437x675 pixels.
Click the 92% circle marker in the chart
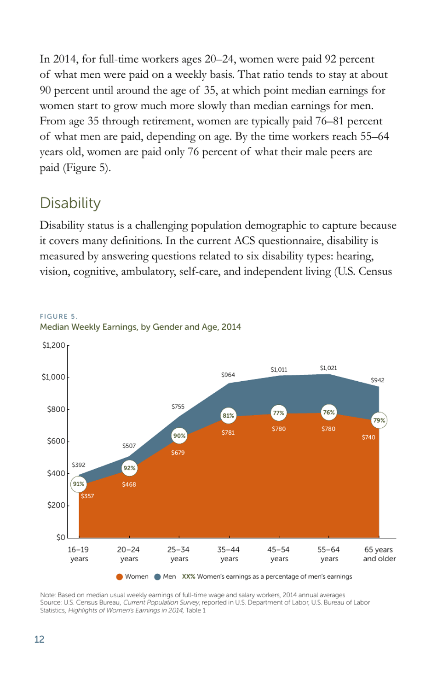coord(129,468)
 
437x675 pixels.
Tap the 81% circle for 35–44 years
coord(228,415)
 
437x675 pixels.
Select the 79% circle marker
coord(379,420)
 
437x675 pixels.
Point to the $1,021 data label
coord(328,368)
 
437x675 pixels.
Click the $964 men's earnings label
coord(228,375)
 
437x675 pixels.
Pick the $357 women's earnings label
coord(87,496)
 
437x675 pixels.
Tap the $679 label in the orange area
coord(178,453)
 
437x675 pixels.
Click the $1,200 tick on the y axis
coord(53,345)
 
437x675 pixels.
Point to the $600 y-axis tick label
coord(56,441)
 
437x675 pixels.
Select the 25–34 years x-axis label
coord(178,554)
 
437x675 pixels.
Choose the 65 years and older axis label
coord(379,554)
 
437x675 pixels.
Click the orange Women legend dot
coord(120,577)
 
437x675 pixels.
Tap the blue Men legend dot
coord(157,577)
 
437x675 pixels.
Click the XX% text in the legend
coord(188,576)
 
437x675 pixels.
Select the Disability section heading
coord(70,203)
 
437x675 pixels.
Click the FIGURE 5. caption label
coord(58,316)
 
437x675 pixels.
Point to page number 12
coord(39,639)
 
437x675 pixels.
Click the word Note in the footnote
coord(47,595)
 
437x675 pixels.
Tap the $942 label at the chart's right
coord(377,380)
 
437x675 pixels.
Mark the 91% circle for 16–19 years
coord(79,484)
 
